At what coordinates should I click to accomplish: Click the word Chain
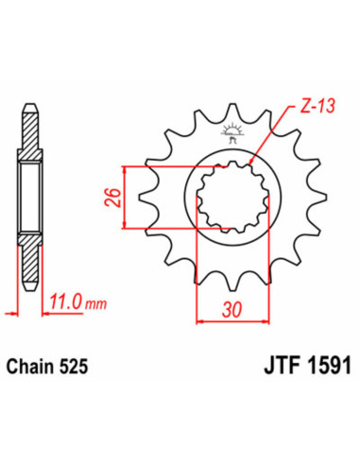tap(37, 359)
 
